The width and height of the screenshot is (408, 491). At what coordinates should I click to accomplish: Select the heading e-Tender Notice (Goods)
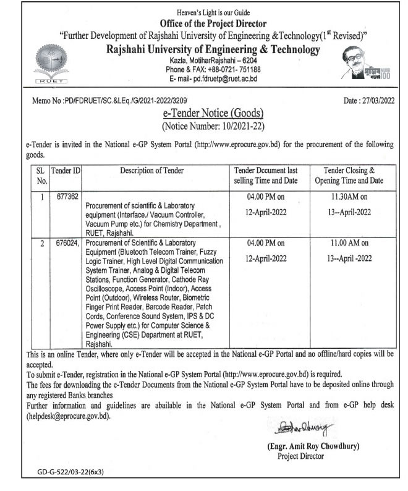[205, 114]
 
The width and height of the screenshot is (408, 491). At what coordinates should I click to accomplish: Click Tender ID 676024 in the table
[66, 243]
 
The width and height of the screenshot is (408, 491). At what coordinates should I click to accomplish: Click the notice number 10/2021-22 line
[205, 127]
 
